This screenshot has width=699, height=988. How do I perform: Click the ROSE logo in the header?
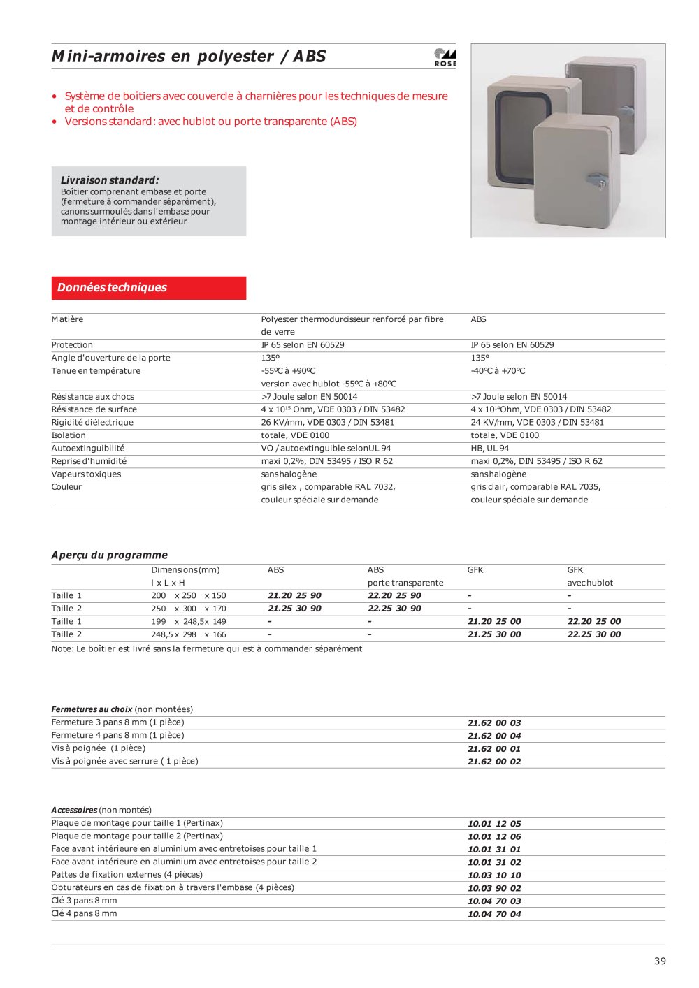click(445, 57)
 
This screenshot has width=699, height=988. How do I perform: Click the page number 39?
click(660, 961)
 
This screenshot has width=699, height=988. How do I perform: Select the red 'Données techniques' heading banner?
click(148, 288)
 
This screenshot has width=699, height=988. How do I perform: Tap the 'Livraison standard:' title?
click(110, 180)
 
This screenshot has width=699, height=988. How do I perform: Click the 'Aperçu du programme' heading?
click(109, 555)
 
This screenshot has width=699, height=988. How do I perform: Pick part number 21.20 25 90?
click(294, 595)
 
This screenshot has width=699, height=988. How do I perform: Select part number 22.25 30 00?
click(593, 634)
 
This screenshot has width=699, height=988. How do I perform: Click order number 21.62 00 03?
click(494, 722)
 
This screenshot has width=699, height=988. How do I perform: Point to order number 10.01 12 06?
click(494, 836)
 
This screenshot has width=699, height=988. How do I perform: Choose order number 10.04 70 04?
click(494, 914)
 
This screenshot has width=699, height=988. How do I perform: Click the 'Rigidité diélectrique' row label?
click(92, 422)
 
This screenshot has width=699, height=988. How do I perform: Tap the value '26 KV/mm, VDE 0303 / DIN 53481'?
click(327, 422)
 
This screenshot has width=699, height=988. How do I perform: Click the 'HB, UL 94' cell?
click(489, 448)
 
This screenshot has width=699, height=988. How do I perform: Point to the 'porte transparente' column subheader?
click(405, 583)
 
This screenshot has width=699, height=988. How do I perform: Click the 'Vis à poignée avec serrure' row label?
click(124, 761)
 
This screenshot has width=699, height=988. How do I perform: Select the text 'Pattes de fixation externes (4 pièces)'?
click(127, 875)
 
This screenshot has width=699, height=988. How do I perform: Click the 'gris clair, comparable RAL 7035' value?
click(535, 487)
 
